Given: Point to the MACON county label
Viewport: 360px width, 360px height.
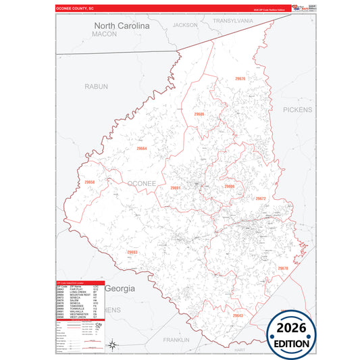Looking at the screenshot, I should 105,34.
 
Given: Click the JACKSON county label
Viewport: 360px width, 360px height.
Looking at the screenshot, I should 185,25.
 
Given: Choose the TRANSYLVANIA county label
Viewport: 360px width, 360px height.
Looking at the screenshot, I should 232,21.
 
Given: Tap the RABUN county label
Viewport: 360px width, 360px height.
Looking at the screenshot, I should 96,86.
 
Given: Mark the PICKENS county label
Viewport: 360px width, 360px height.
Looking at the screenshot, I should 298,109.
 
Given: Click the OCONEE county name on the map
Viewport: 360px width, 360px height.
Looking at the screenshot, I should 141,183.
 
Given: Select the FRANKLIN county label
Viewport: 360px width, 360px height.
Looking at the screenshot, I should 176,340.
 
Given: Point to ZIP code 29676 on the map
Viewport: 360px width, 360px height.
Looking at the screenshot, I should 240,79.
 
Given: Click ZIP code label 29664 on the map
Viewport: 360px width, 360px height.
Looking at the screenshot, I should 141,148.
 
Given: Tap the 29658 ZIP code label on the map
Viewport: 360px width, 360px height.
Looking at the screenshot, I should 90,182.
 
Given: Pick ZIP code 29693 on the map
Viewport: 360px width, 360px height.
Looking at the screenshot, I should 132,252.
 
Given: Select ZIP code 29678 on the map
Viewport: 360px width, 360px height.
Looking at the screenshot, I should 282,268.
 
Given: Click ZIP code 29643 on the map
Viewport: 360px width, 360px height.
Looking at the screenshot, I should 238,315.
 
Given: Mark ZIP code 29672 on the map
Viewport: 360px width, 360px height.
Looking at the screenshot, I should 261,199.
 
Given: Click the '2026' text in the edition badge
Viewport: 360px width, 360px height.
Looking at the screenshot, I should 290,326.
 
